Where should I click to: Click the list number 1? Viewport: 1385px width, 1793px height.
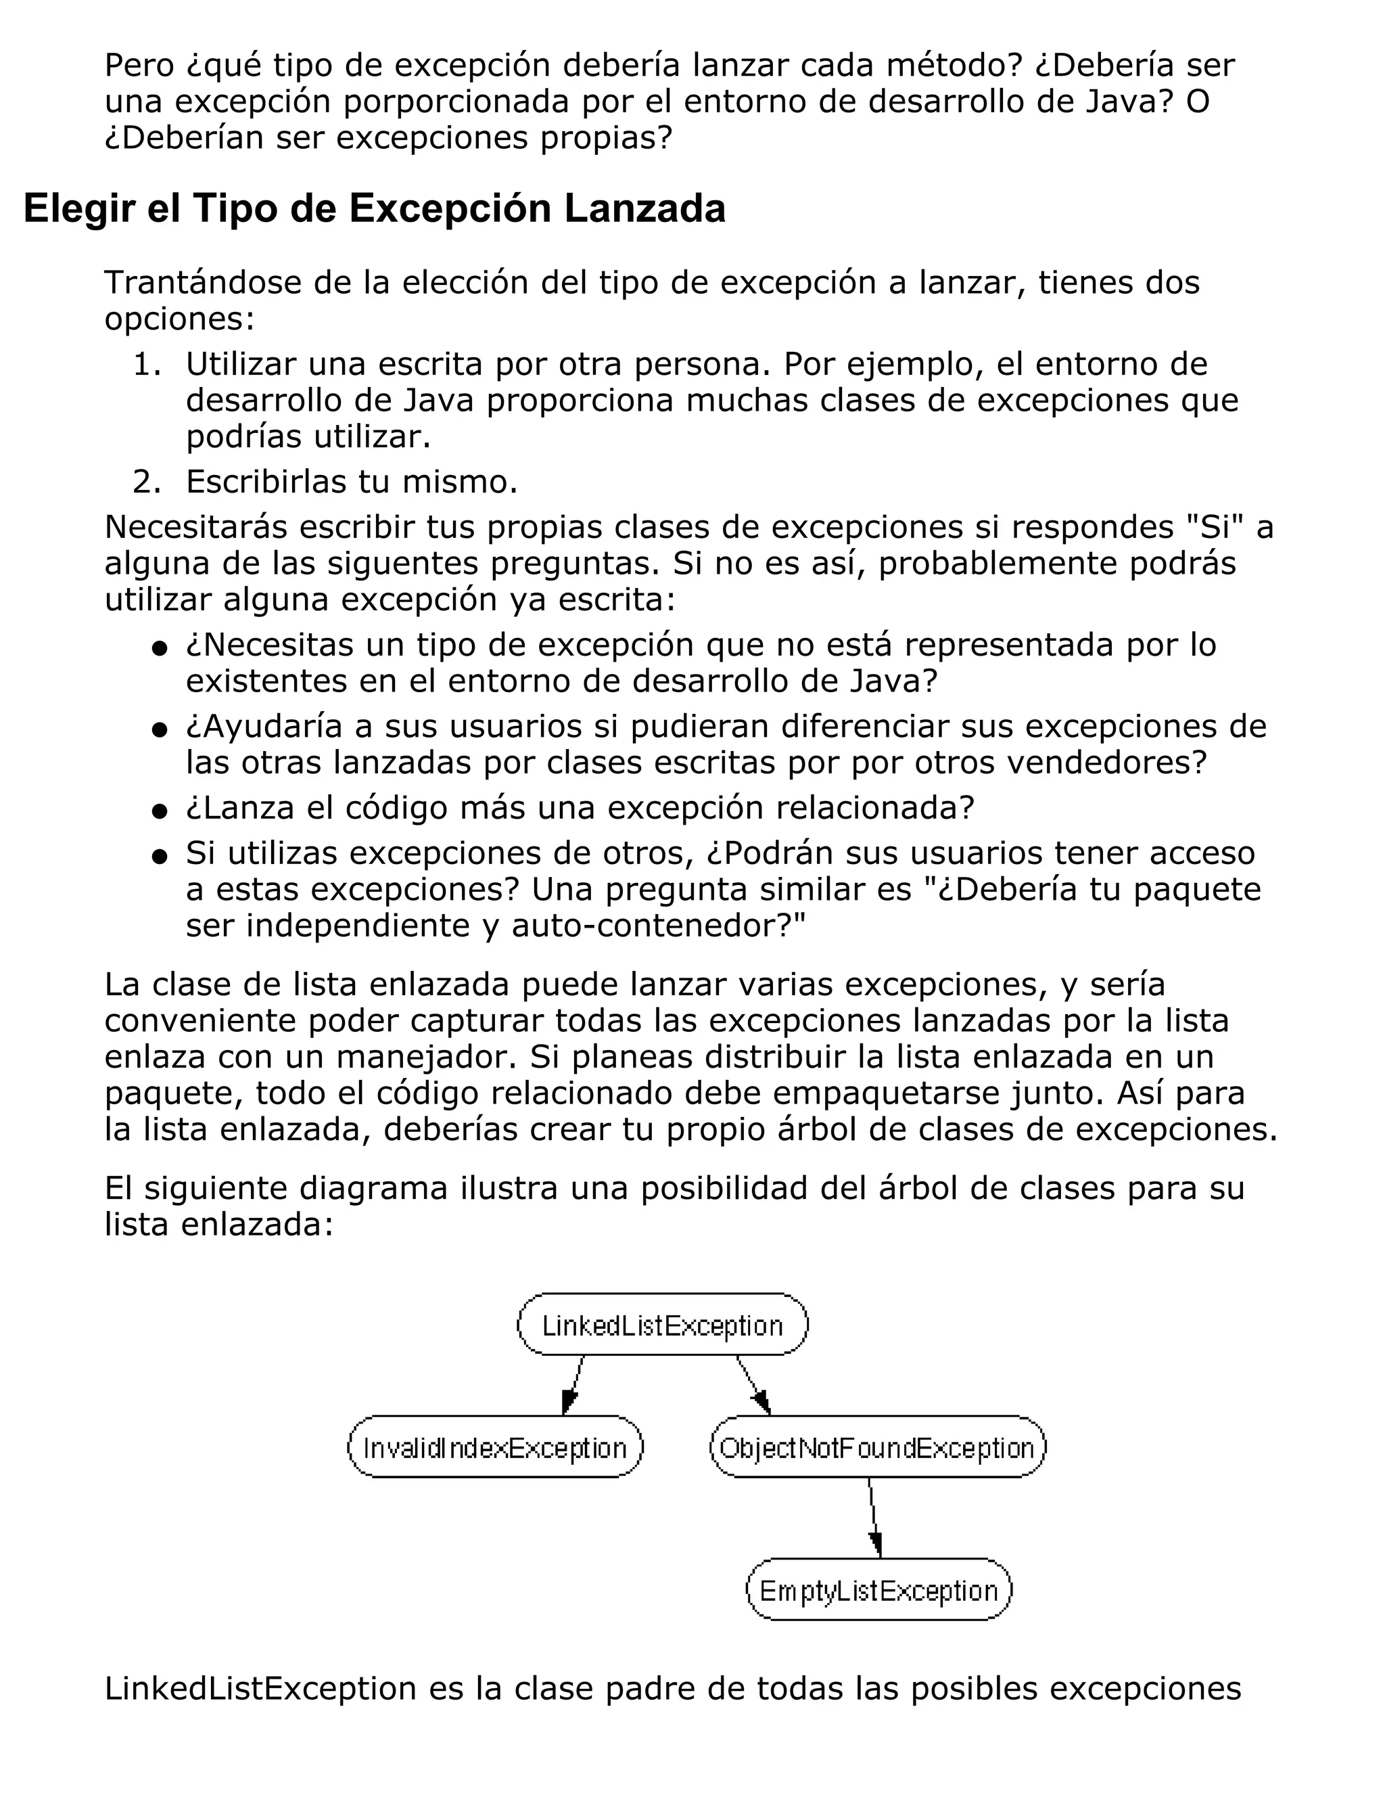[x=145, y=364]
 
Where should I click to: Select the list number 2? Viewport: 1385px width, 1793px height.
[x=145, y=482]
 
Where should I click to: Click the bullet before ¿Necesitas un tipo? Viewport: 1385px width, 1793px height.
[x=160, y=649]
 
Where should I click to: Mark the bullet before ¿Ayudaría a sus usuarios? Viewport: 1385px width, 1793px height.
[x=160, y=730]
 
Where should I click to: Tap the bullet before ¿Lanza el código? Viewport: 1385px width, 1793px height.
[x=160, y=811]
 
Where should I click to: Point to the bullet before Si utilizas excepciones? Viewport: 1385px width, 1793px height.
[x=160, y=857]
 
